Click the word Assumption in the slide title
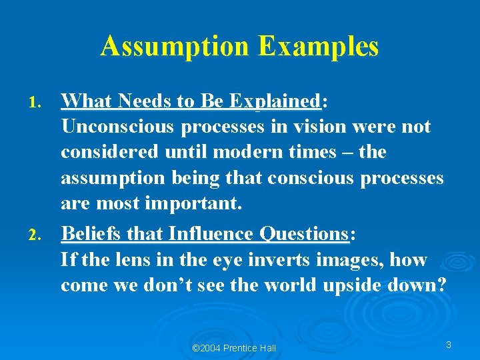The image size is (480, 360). pos(174,47)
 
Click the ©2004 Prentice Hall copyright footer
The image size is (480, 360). pos(233,348)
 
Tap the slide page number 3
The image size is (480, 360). pos(449,345)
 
